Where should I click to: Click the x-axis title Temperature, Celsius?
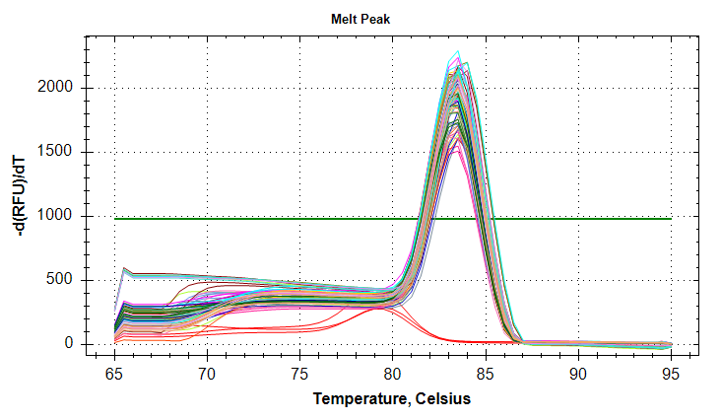392,399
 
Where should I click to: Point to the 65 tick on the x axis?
114,375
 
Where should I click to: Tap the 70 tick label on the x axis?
207,375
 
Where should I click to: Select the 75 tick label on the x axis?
299,375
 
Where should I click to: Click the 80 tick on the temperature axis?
392,375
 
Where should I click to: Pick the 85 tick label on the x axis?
485,375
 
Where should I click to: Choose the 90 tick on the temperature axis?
578,375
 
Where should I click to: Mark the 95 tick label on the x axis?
671,375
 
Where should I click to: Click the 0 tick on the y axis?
69,344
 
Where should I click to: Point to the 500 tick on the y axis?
61,280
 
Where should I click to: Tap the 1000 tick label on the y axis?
57,216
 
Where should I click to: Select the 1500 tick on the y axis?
57,152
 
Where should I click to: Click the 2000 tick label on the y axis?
57,88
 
